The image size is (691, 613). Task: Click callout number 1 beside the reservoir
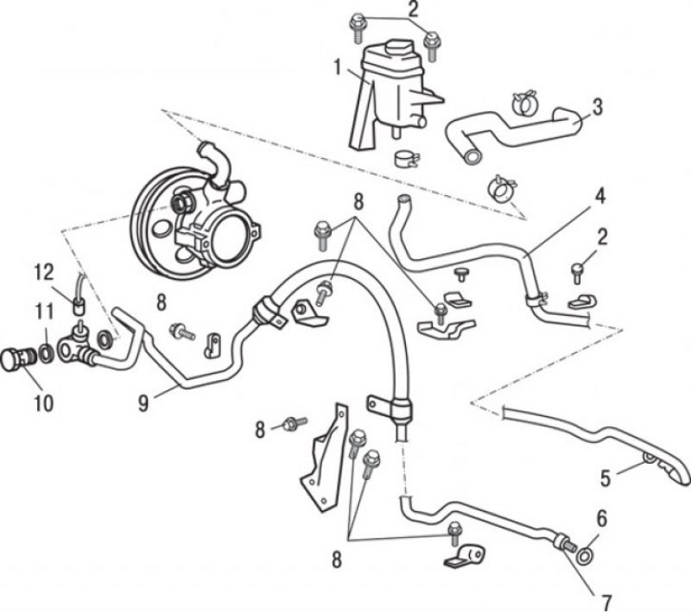(338, 68)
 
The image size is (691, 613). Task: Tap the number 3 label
(597, 107)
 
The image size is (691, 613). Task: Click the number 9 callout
(143, 403)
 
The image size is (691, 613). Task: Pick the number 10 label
(44, 403)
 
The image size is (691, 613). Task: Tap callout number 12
(45, 273)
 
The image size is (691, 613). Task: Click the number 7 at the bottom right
(607, 602)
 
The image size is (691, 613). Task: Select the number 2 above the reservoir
(413, 9)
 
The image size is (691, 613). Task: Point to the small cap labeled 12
(79, 306)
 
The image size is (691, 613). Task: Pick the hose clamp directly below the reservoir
(406, 159)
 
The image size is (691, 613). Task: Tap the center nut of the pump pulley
(181, 202)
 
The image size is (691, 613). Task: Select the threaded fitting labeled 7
(564, 542)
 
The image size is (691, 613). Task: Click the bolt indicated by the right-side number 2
(578, 273)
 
